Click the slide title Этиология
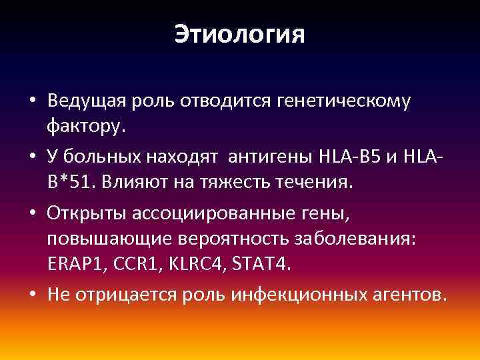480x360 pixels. coord(239,35)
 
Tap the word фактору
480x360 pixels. coord(86,125)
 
